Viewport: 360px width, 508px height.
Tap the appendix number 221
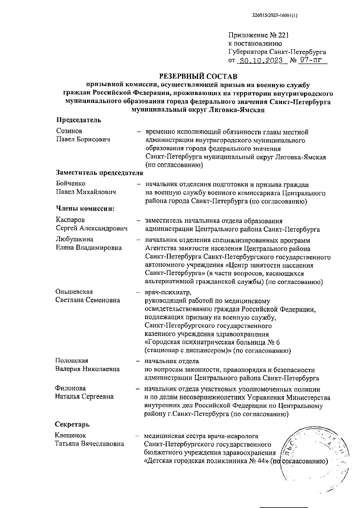pyautogui.click(x=283, y=36)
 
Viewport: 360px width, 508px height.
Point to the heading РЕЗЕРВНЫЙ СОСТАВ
pyautogui.click(x=198, y=75)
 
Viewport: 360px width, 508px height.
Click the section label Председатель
pyautogui.click(x=79, y=120)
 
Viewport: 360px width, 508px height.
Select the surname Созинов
pyautogui.click(x=69, y=131)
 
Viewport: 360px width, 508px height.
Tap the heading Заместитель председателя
pyautogui.click(x=99, y=173)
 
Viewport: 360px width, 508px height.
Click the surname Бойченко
pyautogui.click(x=70, y=184)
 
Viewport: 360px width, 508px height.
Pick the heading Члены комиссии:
pyautogui.click(x=85, y=209)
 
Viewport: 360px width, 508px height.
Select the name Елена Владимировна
pyautogui.click(x=89, y=248)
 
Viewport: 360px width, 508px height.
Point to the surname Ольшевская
pyautogui.click(x=74, y=292)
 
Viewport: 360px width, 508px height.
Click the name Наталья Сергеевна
pyautogui.click(x=84, y=397)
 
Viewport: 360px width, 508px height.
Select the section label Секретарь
pyautogui.click(x=72, y=425)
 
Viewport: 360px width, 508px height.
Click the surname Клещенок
pyautogui.click(x=70, y=435)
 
